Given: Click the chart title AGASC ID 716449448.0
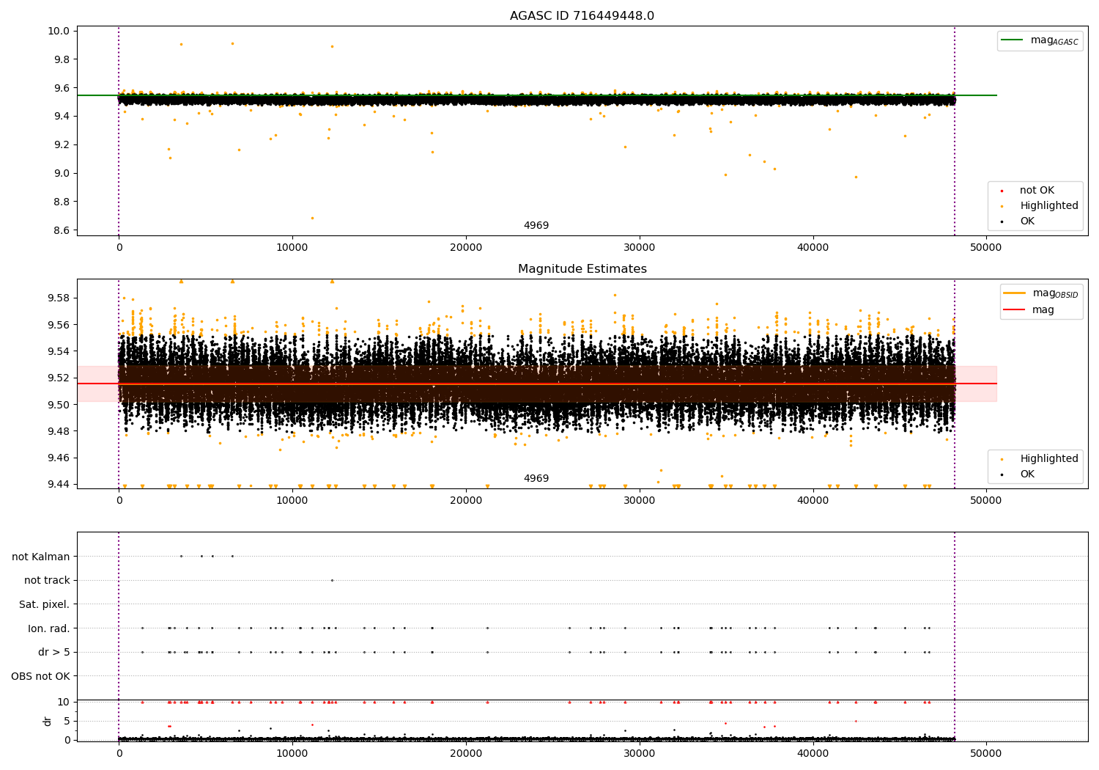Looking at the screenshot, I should pyautogui.click(x=582, y=16).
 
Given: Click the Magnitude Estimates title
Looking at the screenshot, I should pyautogui.click(x=582, y=269).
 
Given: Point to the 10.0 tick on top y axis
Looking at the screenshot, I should pyautogui.click(x=59, y=31).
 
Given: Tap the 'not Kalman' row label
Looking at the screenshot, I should pyautogui.click(x=41, y=557).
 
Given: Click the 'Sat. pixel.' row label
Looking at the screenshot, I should pyautogui.click(x=44, y=604).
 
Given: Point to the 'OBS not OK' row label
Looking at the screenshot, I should pyautogui.click(x=40, y=676).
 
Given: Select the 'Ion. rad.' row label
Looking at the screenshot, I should pyautogui.click(x=48, y=628).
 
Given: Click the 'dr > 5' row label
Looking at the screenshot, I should pyautogui.click(x=53, y=652).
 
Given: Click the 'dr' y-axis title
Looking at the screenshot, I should pyautogui.click(x=48, y=721).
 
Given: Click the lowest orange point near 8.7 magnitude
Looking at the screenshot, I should pyautogui.click(x=312, y=218).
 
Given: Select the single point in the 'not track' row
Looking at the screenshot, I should pyautogui.click(x=332, y=580).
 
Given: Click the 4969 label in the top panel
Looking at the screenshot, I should pyautogui.click(x=536, y=226).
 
